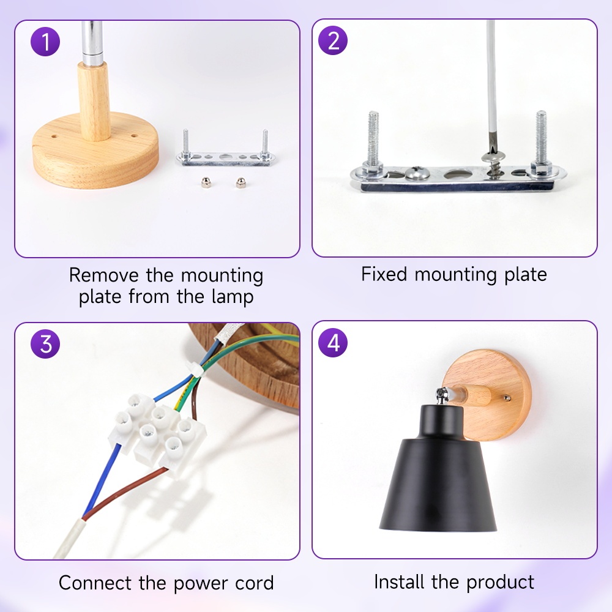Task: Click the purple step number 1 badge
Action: click(45, 42)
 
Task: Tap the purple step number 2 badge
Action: click(333, 40)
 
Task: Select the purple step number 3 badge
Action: click(45, 344)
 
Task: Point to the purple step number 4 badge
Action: click(333, 342)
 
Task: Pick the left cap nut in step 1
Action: click(205, 182)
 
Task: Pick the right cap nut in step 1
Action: click(241, 182)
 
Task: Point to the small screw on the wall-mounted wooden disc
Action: click(507, 398)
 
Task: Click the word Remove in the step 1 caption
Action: click(103, 275)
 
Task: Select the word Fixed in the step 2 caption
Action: click(384, 274)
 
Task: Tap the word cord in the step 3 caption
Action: click(255, 583)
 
